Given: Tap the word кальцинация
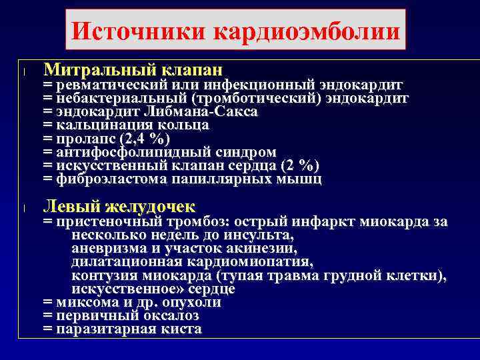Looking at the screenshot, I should (105, 125).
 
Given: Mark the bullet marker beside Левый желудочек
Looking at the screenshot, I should (23, 207).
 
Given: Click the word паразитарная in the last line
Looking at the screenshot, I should (104, 329).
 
